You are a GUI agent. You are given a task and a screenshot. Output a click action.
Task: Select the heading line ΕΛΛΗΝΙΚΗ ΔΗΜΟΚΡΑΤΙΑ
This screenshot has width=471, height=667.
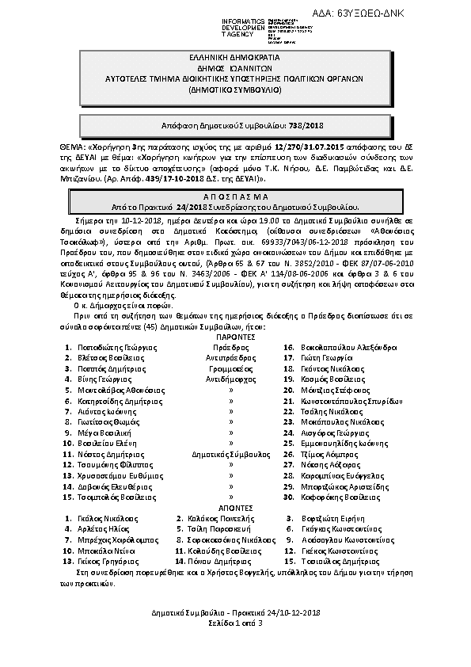click(x=235, y=58)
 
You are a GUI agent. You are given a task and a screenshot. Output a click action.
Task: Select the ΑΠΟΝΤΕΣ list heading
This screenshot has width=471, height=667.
click(x=234, y=507)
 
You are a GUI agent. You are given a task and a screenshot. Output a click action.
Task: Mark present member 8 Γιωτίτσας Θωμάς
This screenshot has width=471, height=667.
click(x=103, y=422)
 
